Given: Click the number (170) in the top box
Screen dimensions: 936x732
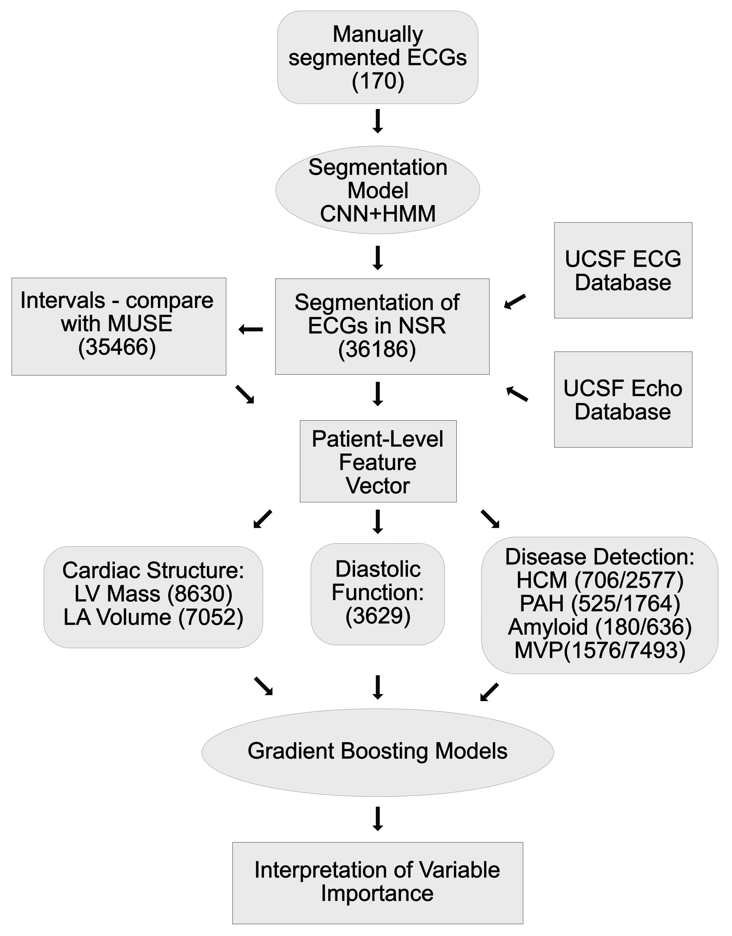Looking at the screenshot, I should (x=377, y=81).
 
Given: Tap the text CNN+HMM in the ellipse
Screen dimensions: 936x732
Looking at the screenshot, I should (x=377, y=213).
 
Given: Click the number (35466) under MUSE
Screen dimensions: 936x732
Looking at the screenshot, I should (x=117, y=346).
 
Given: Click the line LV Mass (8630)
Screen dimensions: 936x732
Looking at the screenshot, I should (x=153, y=594).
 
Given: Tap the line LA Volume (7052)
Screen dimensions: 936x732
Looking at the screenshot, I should (x=153, y=617).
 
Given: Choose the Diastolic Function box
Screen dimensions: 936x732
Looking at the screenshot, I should (x=377, y=594).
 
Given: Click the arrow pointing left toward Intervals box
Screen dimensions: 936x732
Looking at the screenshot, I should (x=251, y=329).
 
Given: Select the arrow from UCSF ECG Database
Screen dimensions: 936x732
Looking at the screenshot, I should (x=515, y=301).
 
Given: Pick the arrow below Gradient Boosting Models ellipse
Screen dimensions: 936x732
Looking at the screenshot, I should (x=377, y=819).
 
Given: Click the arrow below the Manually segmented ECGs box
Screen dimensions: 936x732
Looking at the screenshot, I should (x=377, y=121).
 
